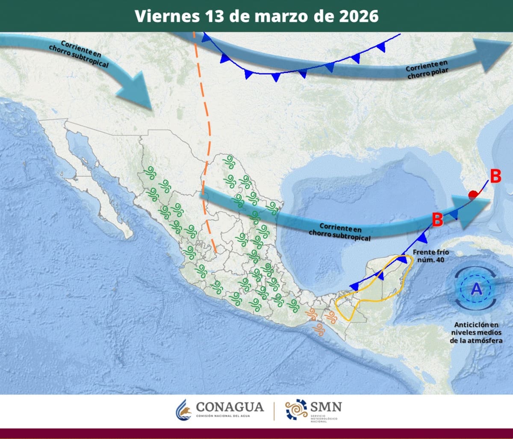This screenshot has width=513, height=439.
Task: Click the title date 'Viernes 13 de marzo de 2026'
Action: point(256,16)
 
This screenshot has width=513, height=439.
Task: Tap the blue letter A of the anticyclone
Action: point(476,289)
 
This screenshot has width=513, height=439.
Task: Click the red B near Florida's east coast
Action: point(495,176)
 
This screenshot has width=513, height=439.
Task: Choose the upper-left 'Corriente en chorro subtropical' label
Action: point(79,54)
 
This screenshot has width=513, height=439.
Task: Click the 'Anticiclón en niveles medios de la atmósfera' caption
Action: point(476,332)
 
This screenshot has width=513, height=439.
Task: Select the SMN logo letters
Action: point(326,406)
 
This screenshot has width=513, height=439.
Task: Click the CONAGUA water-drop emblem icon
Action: point(183,410)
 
